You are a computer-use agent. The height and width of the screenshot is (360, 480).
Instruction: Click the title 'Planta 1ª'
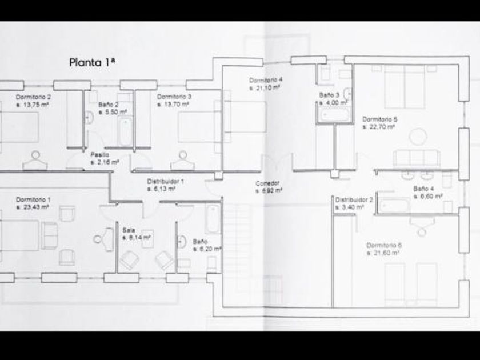(x=93, y=62)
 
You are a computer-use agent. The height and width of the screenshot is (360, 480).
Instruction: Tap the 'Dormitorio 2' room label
(x=33, y=97)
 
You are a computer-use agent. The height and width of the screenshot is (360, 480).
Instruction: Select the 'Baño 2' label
(x=108, y=105)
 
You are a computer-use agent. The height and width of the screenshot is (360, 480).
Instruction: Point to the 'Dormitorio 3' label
(x=174, y=97)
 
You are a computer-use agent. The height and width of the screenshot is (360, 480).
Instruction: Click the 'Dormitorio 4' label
(x=266, y=79)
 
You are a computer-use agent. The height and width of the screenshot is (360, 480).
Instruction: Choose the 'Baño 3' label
(x=330, y=94)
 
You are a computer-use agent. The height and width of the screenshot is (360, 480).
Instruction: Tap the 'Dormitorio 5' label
(x=379, y=119)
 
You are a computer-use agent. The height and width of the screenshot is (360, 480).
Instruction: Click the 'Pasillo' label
(x=100, y=154)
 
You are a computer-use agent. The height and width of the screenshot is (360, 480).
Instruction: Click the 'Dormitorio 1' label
(x=33, y=199)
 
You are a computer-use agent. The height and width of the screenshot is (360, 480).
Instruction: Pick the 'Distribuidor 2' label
(x=354, y=200)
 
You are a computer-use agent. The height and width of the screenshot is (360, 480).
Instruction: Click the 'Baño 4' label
(x=424, y=188)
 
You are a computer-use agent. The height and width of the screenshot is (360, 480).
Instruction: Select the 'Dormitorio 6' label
(x=384, y=245)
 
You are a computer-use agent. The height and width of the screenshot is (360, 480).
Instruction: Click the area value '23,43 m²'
(x=35, y=207)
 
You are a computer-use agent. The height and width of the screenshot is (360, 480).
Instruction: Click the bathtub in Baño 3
(x=333, y=114)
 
